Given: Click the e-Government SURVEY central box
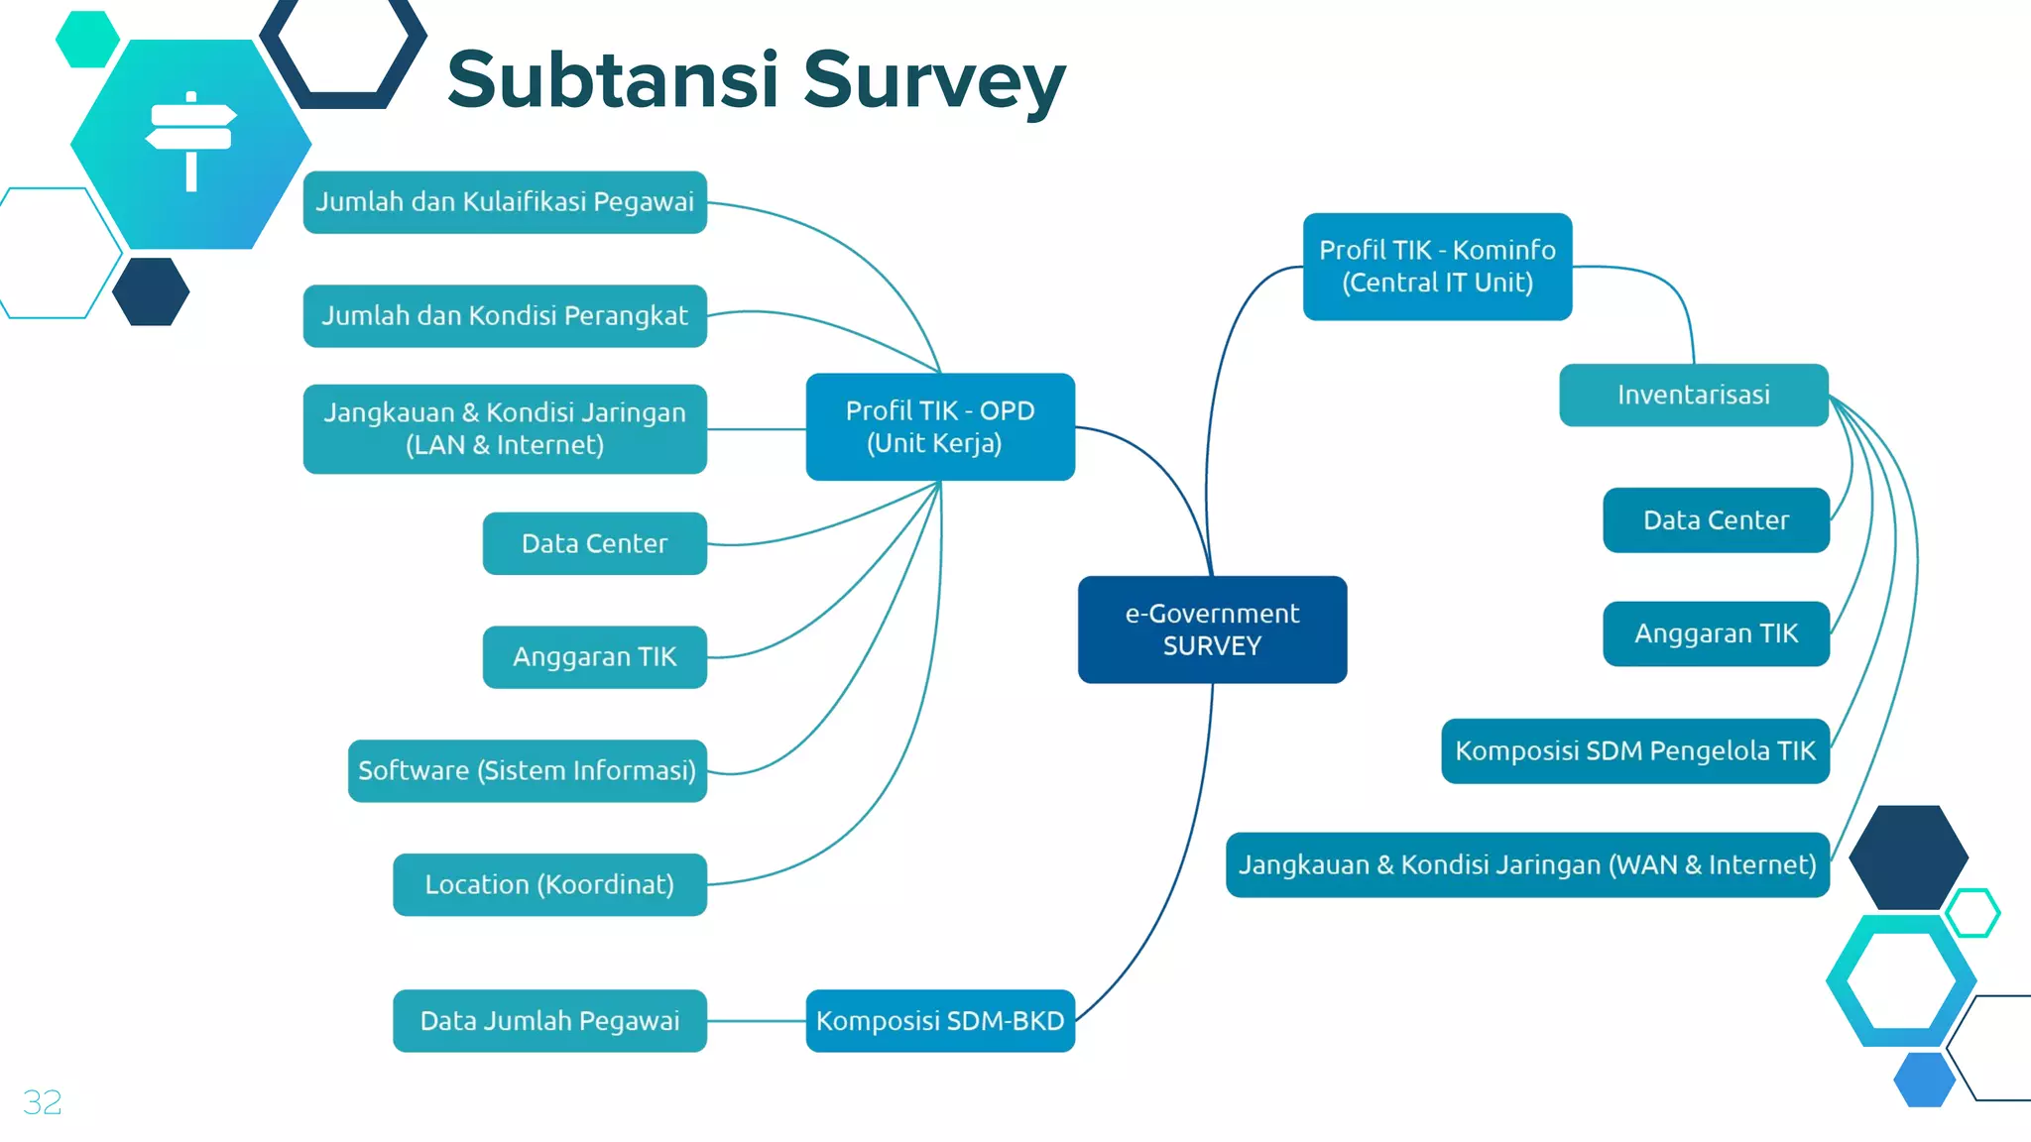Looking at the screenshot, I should (1212, 629).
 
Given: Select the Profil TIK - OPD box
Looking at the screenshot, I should (939, 427).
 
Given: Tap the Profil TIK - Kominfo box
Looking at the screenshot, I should (1437, 267).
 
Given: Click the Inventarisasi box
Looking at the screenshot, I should (1693, 395).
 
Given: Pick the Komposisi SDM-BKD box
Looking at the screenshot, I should (939, 1020).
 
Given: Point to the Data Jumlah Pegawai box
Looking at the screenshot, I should (549, 1020).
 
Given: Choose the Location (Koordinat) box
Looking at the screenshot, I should (549, 884).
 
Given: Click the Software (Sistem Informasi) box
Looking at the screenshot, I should (527, 770).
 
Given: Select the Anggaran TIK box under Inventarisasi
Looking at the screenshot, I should (1716, 633).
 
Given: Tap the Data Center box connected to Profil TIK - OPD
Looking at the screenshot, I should (594, 543).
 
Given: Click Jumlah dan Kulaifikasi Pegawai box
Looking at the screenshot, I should (505, 202).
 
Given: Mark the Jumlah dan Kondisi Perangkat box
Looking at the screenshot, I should (505, 316).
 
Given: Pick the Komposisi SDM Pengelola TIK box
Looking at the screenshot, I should (1634, 750).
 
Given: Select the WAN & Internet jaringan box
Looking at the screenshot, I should (1527, 864).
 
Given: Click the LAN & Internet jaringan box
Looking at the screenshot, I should (505, 428).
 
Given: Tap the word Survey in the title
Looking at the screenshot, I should (933, 81).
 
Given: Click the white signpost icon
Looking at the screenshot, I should (191, 141).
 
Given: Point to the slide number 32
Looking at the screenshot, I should (43, 1102).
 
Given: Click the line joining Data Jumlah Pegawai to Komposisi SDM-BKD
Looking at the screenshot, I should (756, 1021).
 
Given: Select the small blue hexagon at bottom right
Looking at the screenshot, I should (1924, 1080).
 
